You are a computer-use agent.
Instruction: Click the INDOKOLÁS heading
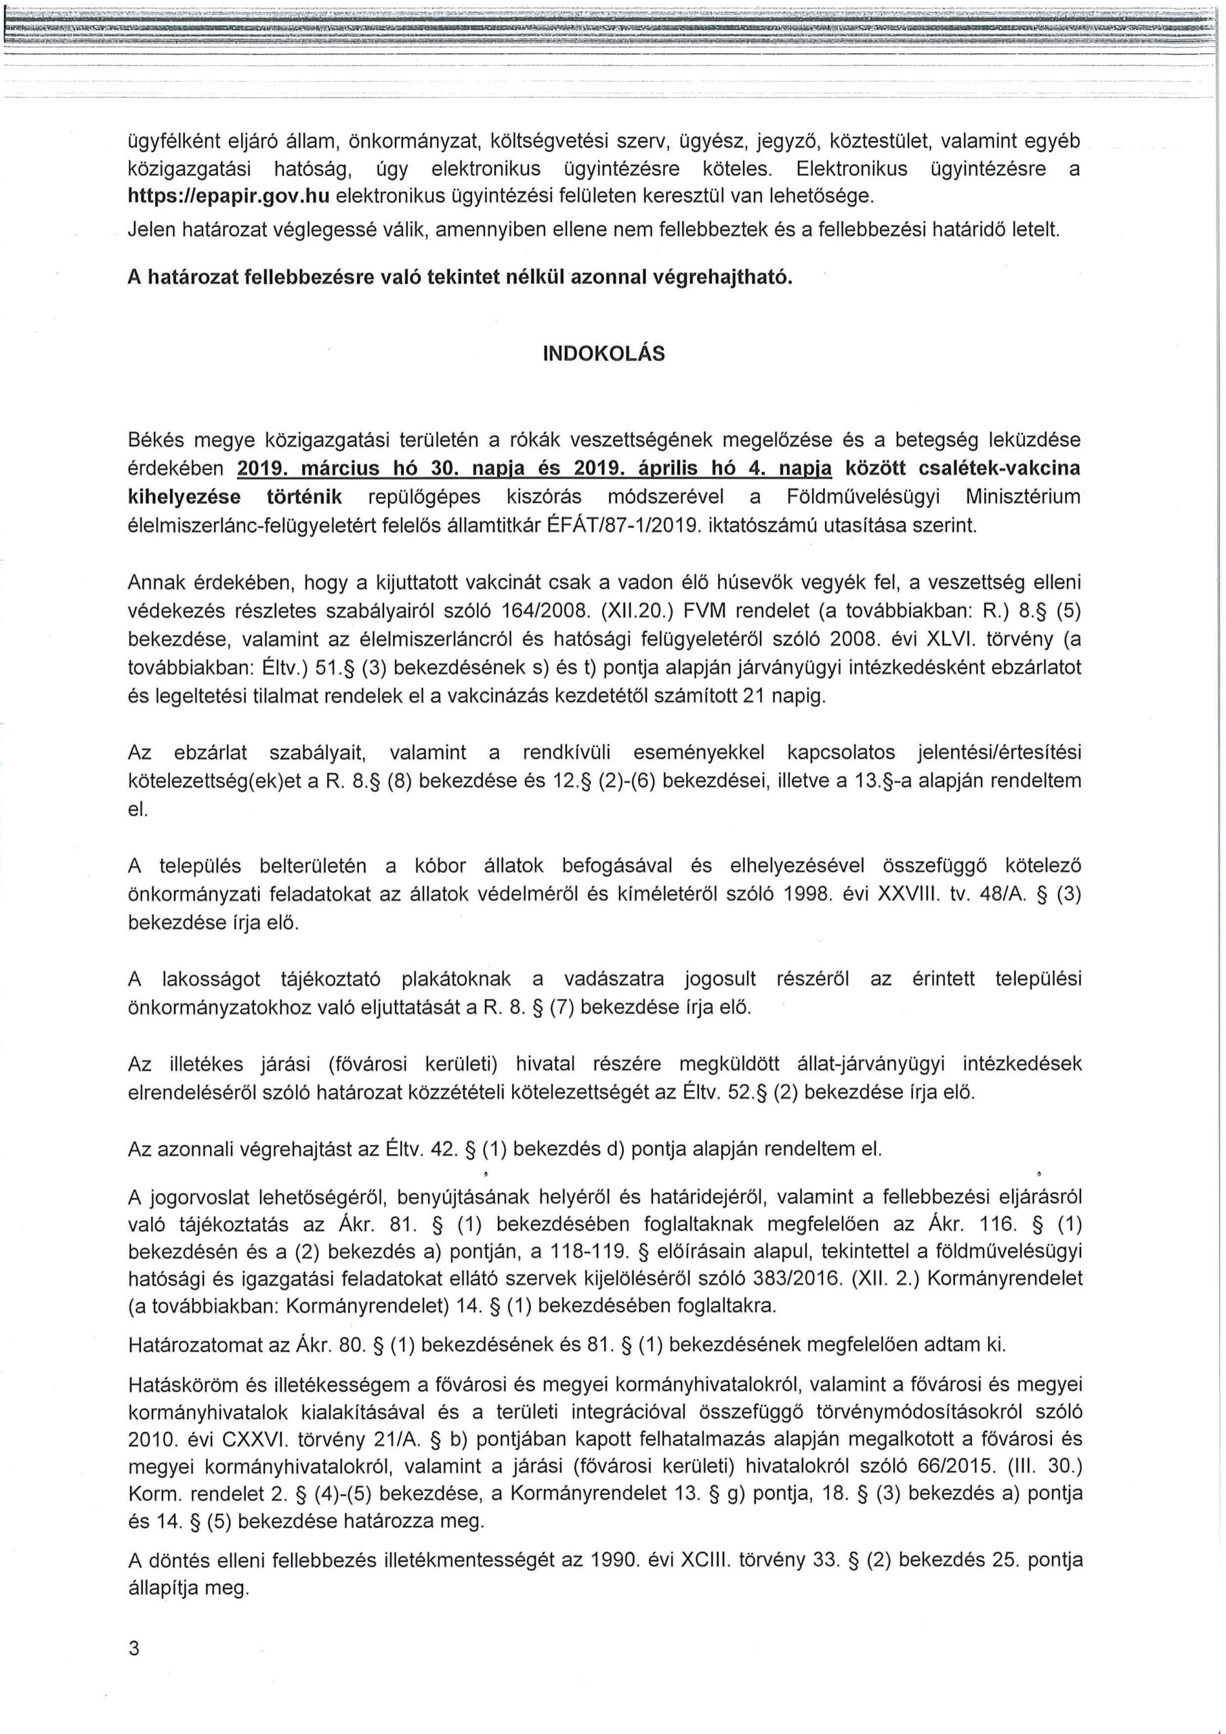coord(604,354)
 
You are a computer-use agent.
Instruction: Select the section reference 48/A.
coord(1004,894)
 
